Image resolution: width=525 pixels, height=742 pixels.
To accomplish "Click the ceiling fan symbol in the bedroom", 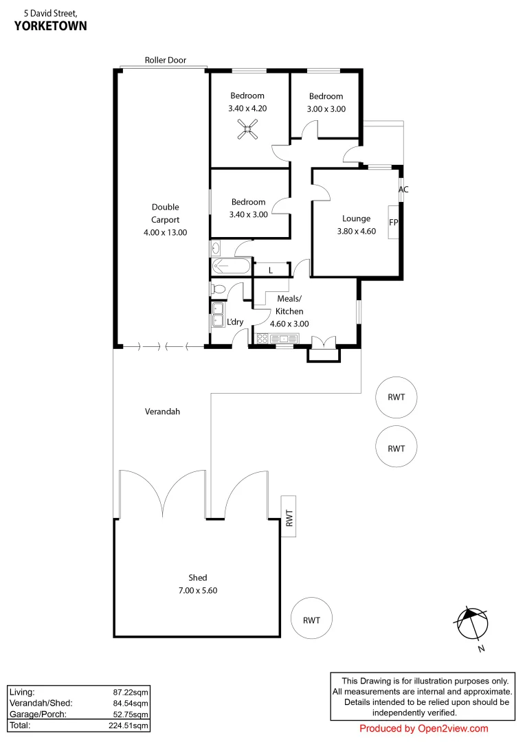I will tap(248, 128).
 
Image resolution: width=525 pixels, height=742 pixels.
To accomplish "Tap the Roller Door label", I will tap(165, 60).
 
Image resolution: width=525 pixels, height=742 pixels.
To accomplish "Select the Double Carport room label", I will tap(165, 214).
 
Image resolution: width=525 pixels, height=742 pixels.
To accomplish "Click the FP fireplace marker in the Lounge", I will tap(394, 223).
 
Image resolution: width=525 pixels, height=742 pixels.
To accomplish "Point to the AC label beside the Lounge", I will tap(403, 190).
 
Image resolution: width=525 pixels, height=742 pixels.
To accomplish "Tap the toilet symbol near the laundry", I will tap(218, 289).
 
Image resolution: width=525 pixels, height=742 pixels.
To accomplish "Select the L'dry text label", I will tap(236, 322).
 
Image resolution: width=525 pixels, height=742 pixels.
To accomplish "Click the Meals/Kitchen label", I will tap(289, 305).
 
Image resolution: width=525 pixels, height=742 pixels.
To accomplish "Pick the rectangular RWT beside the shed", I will tap(289, 516).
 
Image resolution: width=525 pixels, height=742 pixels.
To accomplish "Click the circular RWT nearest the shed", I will tap(311, 620).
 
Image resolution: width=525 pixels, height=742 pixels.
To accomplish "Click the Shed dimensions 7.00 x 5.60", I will tap(198, 589).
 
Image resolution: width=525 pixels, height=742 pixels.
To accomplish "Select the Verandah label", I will tap(162, 412).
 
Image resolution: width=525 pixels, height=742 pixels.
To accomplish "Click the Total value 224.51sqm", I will tap(131, 725).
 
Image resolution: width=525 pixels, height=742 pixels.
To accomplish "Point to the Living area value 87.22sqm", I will tap(131, 692).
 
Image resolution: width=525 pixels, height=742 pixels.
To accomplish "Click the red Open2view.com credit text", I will tap(423, 729).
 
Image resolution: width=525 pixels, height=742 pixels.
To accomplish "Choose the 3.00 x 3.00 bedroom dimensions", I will tap(326, 109).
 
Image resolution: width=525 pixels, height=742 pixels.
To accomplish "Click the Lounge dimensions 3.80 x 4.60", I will tap(356, 232).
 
